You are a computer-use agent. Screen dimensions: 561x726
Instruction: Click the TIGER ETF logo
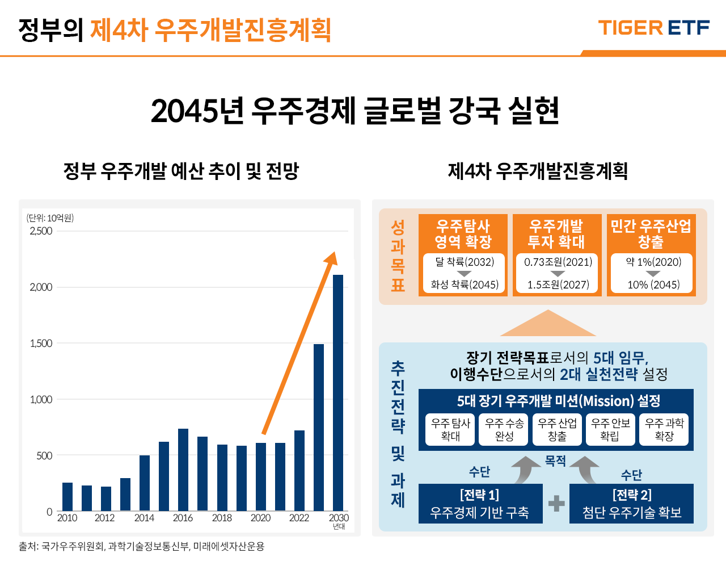pos(653,28)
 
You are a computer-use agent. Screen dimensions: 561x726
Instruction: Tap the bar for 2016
pos(183,470)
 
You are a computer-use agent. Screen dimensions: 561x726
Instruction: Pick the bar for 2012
pos(106,499)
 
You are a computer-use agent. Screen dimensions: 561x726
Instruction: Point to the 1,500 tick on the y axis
pos(41,343)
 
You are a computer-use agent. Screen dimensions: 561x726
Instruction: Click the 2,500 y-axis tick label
pos(41,231)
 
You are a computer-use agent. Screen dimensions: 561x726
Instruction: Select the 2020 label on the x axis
pos(260,518)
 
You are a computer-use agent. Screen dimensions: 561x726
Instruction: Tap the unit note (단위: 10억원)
pos(50,218)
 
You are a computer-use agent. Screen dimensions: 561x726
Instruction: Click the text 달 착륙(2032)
pos(465,262)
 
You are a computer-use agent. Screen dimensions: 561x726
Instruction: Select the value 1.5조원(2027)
pos(558,284)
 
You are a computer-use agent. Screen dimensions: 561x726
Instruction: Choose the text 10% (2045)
pos(653,284)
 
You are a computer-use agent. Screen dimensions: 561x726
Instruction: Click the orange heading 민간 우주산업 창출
pos(651,233)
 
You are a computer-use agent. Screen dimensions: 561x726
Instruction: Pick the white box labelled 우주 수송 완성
pos(504,429)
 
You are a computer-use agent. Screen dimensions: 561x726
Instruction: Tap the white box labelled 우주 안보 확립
pos(610,429)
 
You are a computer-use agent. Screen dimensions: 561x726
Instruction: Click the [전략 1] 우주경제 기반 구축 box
pos(480,504)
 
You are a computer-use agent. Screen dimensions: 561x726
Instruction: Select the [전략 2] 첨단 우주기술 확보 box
pos(631,504)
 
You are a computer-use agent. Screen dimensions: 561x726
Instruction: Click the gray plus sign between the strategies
pos(556,504)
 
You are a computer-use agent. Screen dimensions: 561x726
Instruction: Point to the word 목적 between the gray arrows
pos(555,461)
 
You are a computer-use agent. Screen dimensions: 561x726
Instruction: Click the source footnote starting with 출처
pos(142,546)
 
